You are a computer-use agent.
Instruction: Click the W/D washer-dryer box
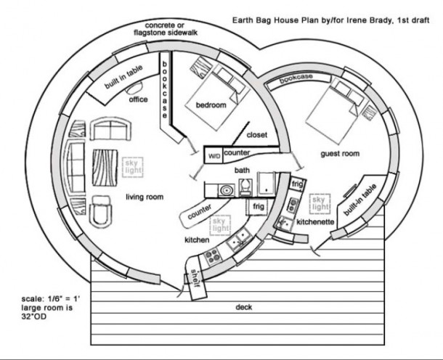(214, 155)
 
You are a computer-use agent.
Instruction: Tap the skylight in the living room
(132, 167)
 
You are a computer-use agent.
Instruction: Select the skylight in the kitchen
(220, 225)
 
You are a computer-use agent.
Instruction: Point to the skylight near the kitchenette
(320, 203)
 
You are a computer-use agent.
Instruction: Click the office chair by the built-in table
(134, 88)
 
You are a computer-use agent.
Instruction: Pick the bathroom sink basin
(226, 190)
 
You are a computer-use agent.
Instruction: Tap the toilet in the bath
(245, 187)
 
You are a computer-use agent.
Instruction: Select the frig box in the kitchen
(259, 207)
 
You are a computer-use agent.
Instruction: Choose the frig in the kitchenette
(297, 184)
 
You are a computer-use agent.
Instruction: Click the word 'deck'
(243, 307)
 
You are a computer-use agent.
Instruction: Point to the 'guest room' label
(340, 154)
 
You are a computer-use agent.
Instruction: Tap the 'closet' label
(257, 135)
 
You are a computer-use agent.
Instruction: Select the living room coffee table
(105, 168)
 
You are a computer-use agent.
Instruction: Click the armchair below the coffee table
(99, 211)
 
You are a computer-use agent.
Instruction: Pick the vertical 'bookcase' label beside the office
(164, 90)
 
